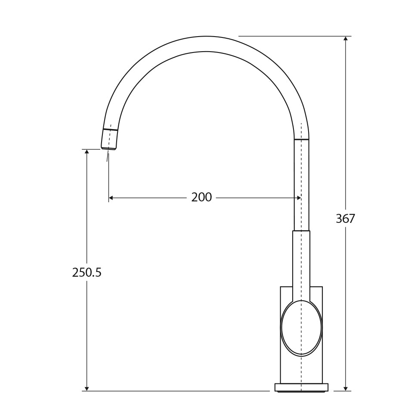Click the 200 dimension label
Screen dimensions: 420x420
coord(201,198)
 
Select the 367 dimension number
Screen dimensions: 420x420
coord(345,219)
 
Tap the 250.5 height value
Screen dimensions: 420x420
coord(86,273)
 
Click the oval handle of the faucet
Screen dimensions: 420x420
coord(301,328)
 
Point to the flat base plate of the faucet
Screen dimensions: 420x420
coord(301,387)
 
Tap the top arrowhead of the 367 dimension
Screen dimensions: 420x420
coord(346,39)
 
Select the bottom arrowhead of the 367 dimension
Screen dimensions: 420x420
coord(346,388)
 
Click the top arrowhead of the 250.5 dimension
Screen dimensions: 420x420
coord(87,152)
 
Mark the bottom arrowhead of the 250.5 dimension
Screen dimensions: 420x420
coord(87,388)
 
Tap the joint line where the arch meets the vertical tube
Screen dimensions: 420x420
coord(301,139)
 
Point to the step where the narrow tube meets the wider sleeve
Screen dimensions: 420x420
coord(301,231)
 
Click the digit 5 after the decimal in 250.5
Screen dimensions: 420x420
coord(99,273)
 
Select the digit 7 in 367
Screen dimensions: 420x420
coord(352,219)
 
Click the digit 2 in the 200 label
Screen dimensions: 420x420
coord(195,198)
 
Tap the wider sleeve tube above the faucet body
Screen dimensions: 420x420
coord(301,262)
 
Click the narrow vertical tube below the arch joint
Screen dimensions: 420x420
coord(301,185)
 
